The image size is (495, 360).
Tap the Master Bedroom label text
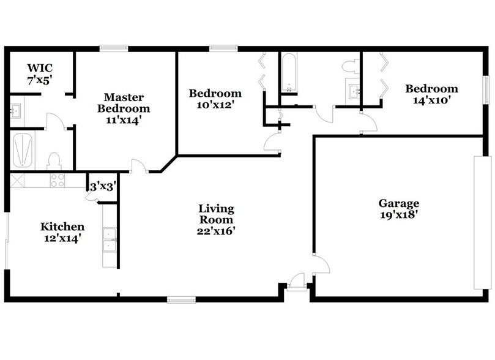pos(124,108)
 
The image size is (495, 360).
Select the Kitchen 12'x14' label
pos(62,232)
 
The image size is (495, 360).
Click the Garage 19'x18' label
pos(398,209)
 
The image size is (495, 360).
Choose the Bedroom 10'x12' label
pos(215,99)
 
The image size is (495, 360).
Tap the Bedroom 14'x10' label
pos(431,94)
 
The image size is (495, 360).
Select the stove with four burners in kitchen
pos(58,181)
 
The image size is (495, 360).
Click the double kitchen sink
pos(110,239)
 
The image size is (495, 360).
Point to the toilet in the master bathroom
pos(54,161)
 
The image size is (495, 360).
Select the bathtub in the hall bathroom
pos(288,73)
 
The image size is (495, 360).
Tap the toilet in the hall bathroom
pos(351,66)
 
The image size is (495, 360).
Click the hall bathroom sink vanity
pos(352,92)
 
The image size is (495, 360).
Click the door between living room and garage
pos(321,264)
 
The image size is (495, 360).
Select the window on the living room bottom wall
pos(181,299)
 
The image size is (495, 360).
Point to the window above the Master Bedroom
pos(114,48)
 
